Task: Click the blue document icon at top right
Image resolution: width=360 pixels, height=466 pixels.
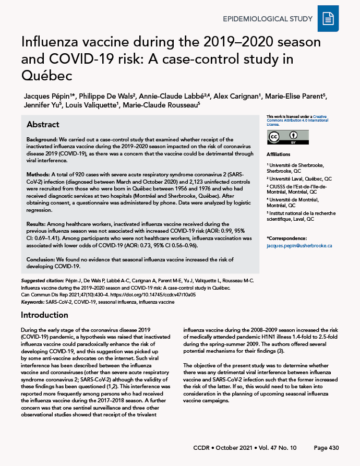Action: point(328,19)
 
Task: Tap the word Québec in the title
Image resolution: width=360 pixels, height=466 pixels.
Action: point(46,75)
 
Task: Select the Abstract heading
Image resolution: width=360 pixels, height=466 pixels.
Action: point(43,125)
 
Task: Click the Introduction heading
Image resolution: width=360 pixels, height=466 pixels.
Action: point(45,315)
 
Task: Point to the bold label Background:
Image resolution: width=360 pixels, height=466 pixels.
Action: point(44,139)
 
